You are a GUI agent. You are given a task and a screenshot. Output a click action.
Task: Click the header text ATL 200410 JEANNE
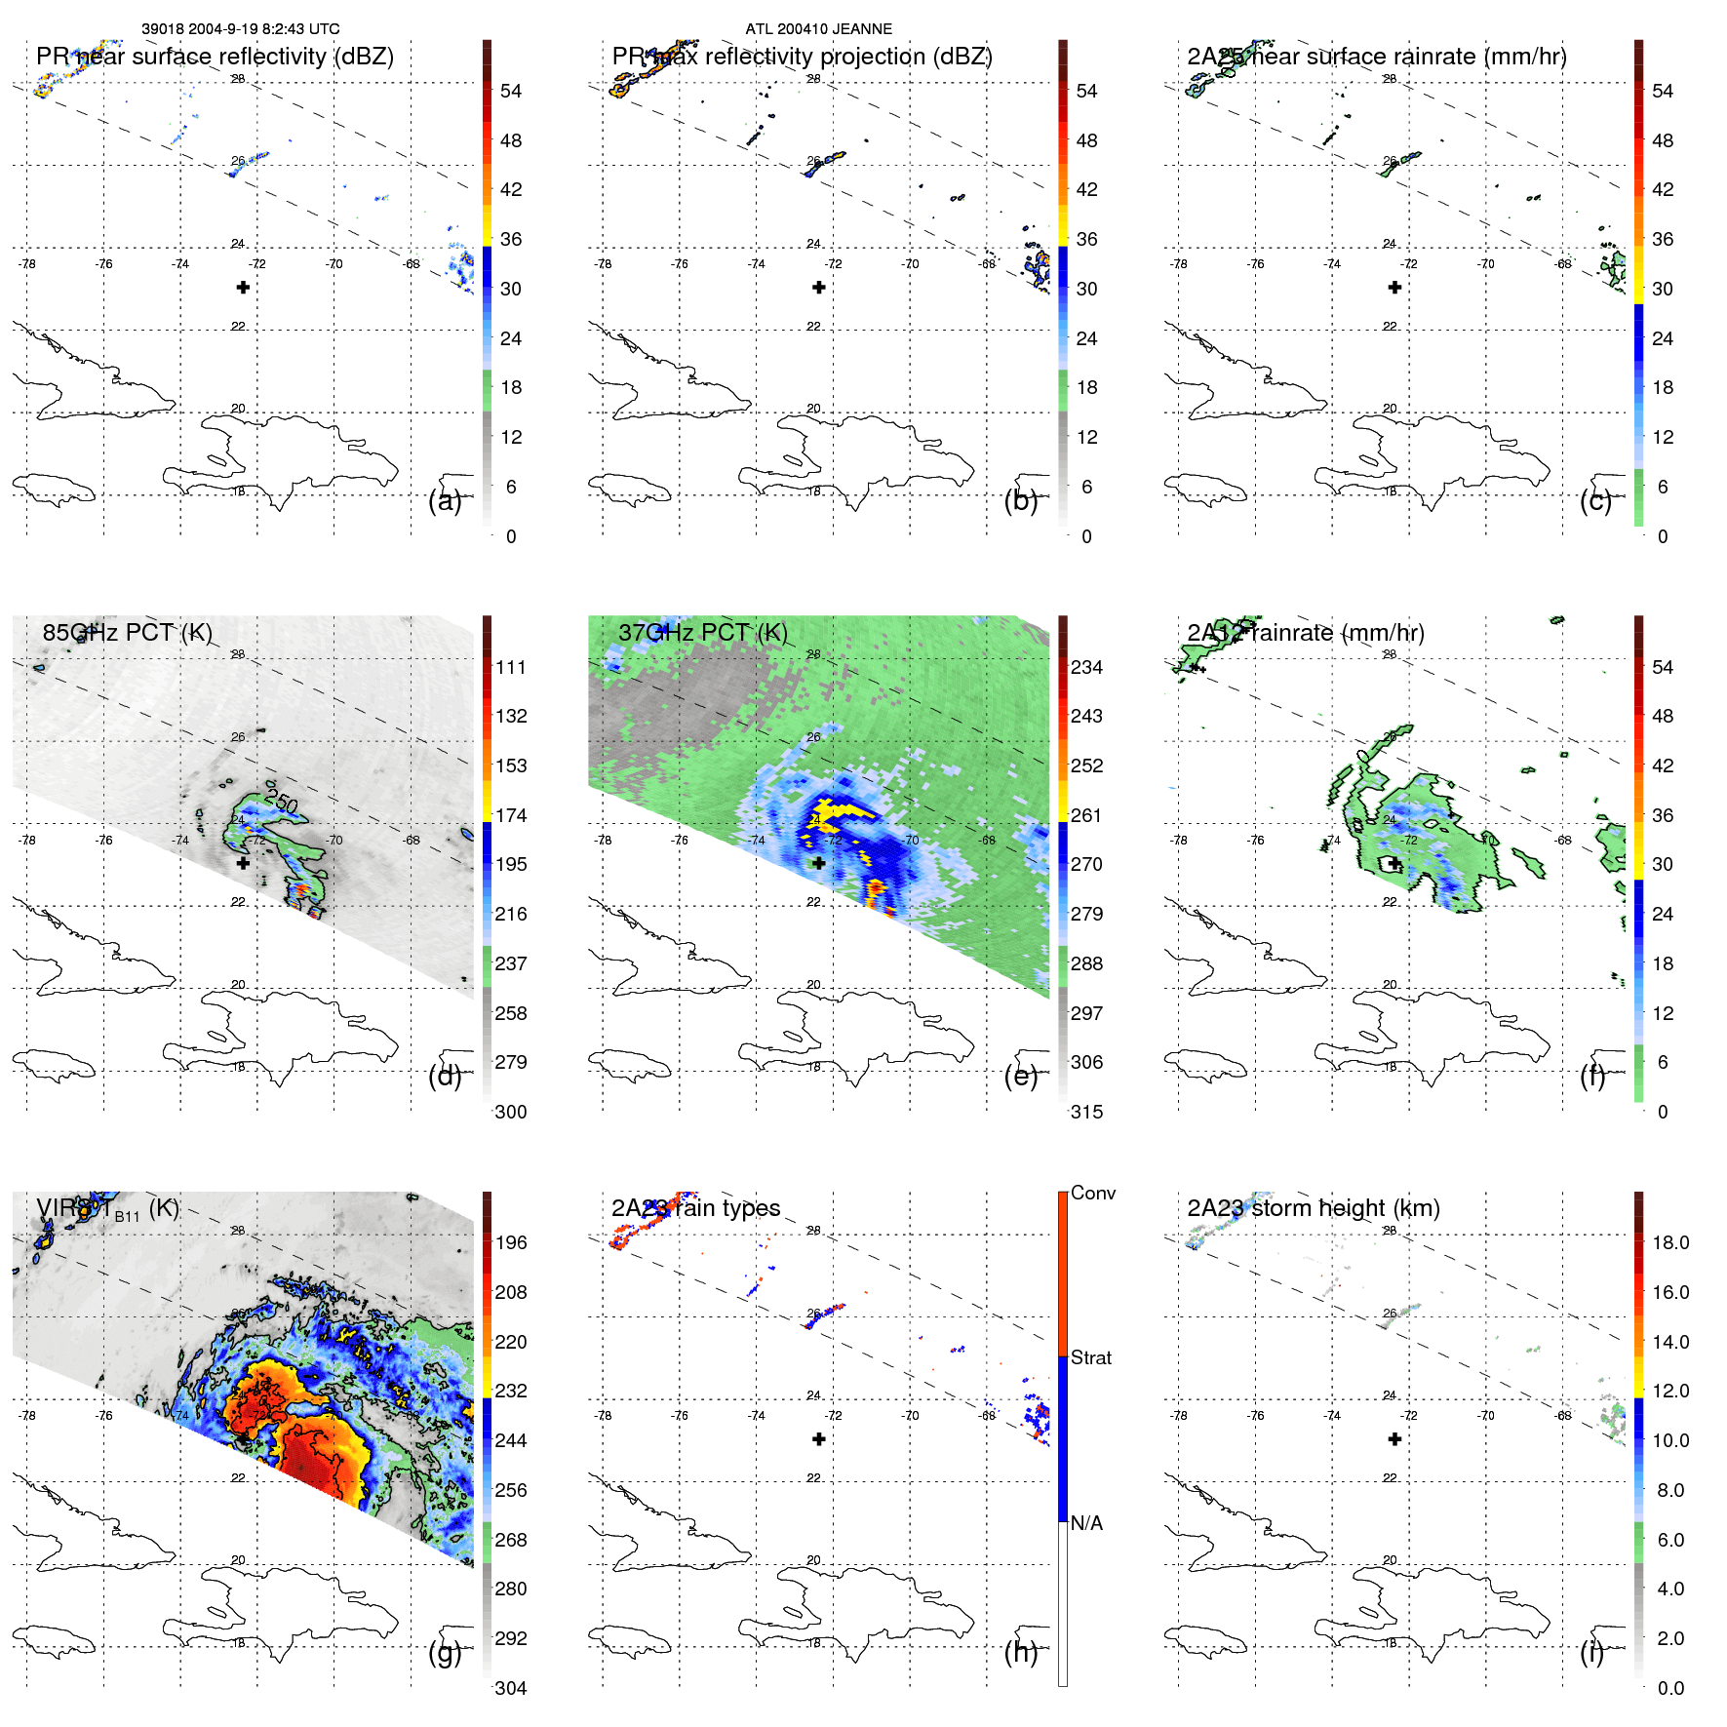click(x=818, y=29)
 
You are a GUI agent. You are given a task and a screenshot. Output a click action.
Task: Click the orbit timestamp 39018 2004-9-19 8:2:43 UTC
click(x=241, y=29)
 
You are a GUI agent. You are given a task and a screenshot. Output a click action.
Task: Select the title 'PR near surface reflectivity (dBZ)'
click(x=215, y=57)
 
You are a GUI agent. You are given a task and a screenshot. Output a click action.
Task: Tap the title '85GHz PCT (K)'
click(x=127, y=632)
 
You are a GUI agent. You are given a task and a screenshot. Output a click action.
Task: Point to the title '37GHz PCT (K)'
click(x=702, y=632)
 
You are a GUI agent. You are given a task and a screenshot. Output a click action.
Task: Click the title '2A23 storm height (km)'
click(x=1313, y=1208)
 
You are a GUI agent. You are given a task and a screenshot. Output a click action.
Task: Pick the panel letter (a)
click(x=445, y=500)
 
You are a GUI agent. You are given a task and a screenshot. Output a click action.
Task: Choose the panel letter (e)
click(x=1021, y=1076)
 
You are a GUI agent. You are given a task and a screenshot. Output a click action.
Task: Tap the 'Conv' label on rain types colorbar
click(x=1092, y=1193)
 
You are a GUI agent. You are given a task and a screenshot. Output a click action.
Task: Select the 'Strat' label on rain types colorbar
click(x=1090, y=1357)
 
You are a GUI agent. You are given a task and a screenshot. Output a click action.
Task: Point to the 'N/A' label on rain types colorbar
click(x=1086, y=1523)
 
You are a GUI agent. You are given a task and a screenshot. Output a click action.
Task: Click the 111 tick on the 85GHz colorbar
click(x=510, y=667)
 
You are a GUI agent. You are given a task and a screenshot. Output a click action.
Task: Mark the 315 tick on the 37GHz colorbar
click(x=1086, y=1112)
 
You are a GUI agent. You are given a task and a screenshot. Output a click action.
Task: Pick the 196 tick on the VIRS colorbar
click(x=510, y=1242)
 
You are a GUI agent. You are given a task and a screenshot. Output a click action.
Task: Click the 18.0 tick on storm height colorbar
click(x=1670, y=1242)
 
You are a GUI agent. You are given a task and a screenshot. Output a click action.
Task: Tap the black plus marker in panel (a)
click(x=243, y=287)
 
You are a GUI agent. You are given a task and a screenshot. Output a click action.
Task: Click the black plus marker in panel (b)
click(x=819, y=287)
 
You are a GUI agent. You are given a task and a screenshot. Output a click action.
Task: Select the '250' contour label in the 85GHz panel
click(x=282, y=802)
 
